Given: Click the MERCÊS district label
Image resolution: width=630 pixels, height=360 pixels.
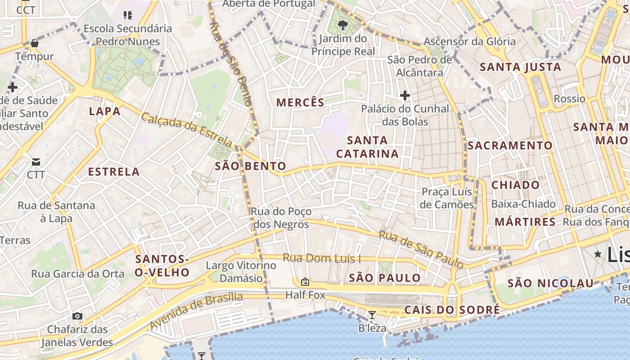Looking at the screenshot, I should coord(300,103).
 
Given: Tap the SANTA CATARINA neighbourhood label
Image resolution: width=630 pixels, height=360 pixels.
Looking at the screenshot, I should coord(367,147).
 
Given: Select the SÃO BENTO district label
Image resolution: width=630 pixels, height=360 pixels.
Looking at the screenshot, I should coord(250,166).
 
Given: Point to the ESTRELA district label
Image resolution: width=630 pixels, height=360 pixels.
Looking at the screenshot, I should coord(114,172).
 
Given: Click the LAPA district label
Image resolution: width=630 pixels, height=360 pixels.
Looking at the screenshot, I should coord(105,111).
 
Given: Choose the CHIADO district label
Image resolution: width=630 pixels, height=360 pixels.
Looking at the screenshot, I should coord(515,185).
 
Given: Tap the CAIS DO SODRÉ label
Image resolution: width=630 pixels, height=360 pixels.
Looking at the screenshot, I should coord(452,310).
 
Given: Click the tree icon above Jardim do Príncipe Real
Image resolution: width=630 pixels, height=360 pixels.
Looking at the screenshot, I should coord(343,25).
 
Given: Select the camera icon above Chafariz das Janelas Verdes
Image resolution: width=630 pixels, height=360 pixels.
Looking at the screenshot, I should coord(77,316).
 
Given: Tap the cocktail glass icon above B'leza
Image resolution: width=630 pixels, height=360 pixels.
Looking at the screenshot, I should coord(372,315).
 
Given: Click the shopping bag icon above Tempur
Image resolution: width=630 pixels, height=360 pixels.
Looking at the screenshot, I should coord(34,44).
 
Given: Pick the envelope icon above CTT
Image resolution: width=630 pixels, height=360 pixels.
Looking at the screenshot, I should coord(36,162).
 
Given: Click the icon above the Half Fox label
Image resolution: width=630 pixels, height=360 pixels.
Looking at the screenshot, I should coord(305,282).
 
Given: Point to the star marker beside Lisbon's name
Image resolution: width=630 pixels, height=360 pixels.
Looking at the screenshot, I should coord(598,254).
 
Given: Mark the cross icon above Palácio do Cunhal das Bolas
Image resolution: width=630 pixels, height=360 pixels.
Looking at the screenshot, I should coord(405,95).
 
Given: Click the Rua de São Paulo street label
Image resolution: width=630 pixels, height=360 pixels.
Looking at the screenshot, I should coord(421,249).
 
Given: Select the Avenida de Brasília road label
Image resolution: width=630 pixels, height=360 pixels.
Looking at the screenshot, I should coord(196,310).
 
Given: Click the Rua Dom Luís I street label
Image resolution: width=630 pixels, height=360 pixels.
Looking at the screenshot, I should coord(322,258).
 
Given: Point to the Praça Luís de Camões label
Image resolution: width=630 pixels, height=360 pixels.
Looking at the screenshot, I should coord(447,198).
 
